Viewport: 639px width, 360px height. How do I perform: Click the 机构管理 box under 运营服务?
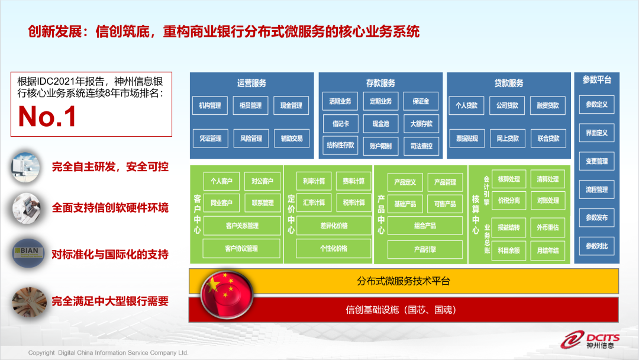pos(210,105)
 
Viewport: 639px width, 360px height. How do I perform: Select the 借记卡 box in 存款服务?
pos(340,124)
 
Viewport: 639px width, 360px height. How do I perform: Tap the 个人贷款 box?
pos(466,105)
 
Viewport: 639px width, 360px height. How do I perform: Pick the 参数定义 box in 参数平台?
pos(596,105)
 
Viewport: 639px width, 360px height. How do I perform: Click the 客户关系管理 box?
pos(242,226)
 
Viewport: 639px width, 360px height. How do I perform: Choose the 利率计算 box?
pos(314,181)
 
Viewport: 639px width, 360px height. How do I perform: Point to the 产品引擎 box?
pos(425,250)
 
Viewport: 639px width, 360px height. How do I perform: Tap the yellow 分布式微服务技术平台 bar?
pos(404,281)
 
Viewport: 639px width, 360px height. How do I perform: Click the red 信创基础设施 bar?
pos(404,310)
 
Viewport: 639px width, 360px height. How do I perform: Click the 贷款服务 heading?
pos(508,83)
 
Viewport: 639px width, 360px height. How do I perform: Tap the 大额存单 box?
pos(421,124)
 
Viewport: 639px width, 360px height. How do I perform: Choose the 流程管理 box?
pos(596,189)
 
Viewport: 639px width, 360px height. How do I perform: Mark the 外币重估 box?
pos(547,227)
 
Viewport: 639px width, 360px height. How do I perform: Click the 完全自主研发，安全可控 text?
pos(110,167)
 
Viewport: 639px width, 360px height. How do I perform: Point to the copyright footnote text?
pos(108,353)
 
